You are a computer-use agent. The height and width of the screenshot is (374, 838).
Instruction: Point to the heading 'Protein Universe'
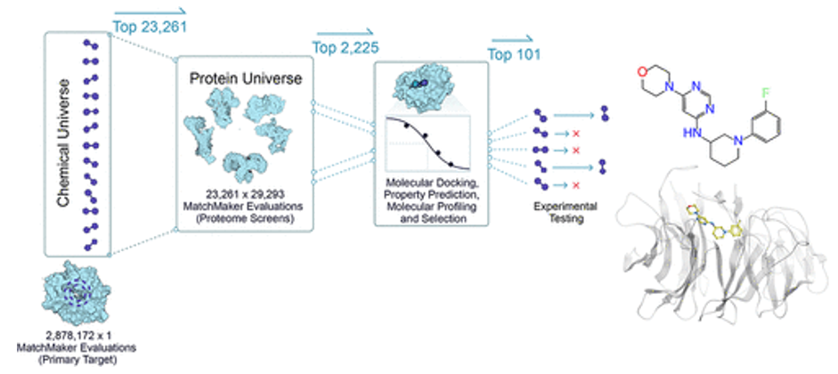tap(246, 78)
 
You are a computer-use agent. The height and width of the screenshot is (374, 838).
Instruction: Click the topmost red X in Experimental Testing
tap(574, 133)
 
